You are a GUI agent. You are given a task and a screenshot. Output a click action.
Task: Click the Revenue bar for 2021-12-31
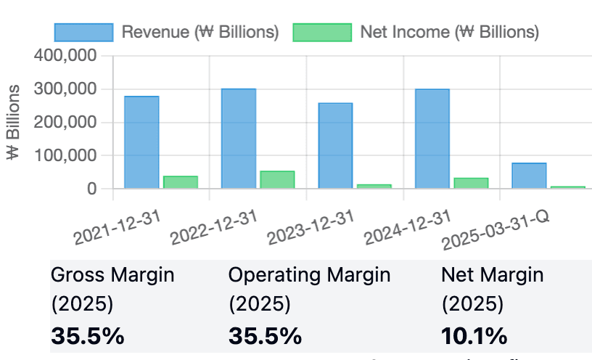[141, 142]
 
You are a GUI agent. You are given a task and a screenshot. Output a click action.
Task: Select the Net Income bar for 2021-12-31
[181, 182]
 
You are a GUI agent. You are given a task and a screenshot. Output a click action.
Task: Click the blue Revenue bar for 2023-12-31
[335, 146]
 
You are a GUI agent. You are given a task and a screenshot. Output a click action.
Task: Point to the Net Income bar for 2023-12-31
[374, 187]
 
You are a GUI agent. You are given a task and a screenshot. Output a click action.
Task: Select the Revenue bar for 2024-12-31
[432, 139]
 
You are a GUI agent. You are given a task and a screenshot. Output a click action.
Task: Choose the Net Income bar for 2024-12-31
[471, 183]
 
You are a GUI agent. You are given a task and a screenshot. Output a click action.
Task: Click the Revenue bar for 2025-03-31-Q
[529, 176]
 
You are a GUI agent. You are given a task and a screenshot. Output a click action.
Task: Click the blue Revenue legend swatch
[84, 33]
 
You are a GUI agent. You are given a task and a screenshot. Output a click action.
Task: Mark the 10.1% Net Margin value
[474, 336]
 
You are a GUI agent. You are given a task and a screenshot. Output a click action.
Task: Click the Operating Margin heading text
[309, 275]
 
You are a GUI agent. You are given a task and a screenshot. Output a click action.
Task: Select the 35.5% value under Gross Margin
[87, 336]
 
